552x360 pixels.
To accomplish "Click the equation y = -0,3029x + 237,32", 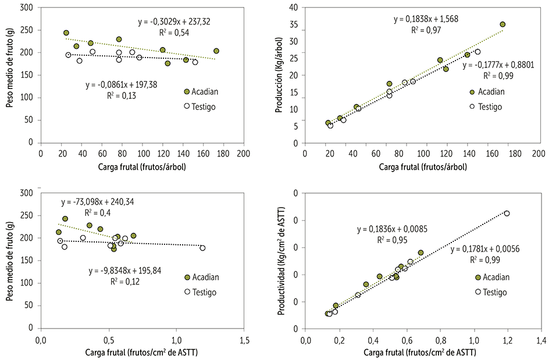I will (182, 22).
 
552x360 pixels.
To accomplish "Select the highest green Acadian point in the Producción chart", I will (503, 24).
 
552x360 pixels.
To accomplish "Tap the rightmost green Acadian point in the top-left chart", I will (216, 51).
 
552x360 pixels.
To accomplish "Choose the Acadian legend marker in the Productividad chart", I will (478, 278).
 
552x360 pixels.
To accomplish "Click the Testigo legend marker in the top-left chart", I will (187, 106).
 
